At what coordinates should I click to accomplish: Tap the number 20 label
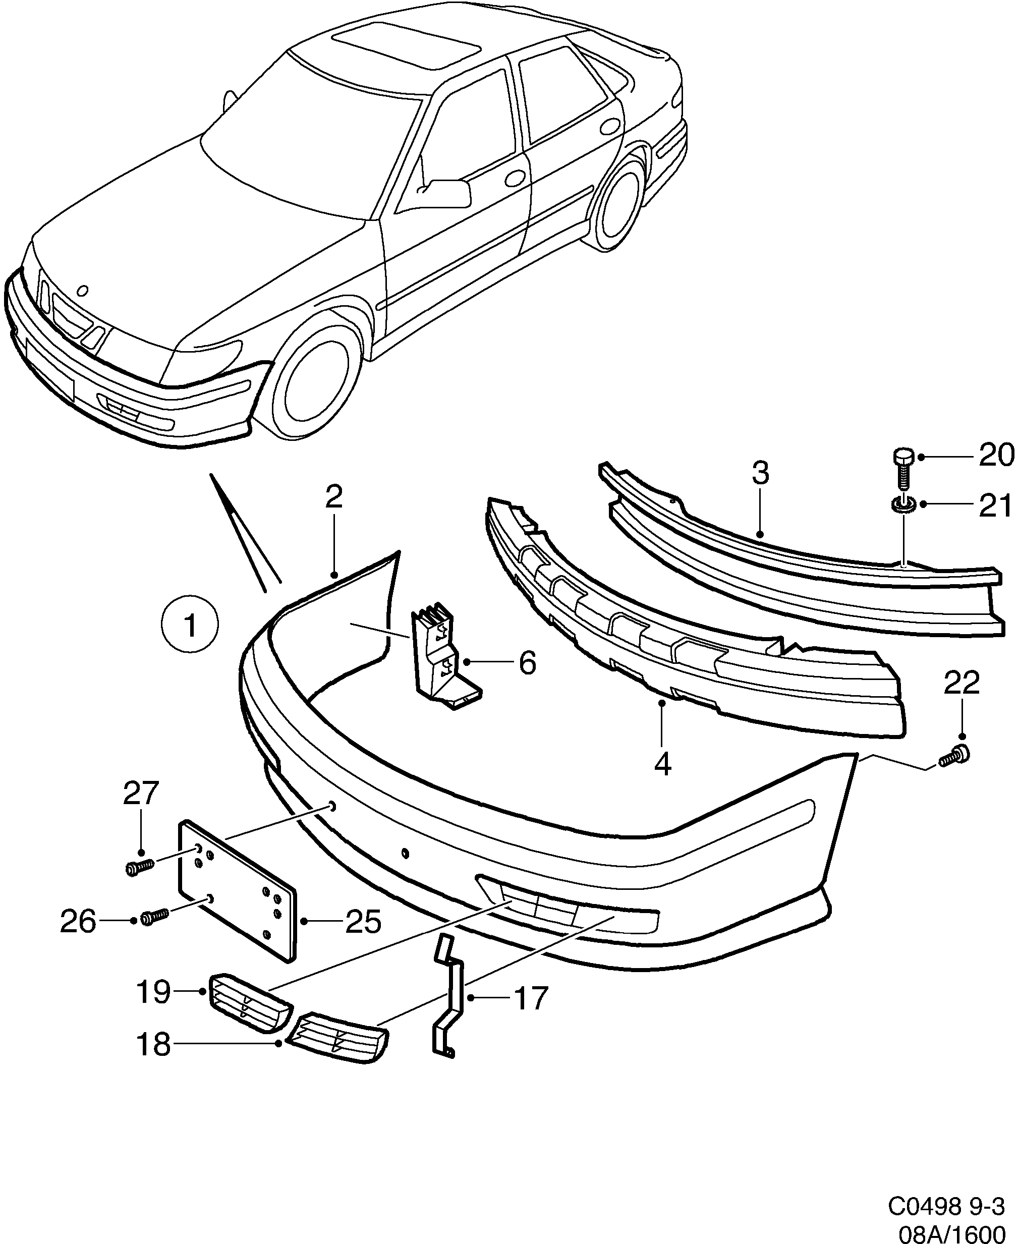(996, 456)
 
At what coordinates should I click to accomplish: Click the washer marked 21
(902, 504)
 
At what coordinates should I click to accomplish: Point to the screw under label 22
(955, 757)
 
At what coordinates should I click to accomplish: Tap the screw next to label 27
(139, 867)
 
